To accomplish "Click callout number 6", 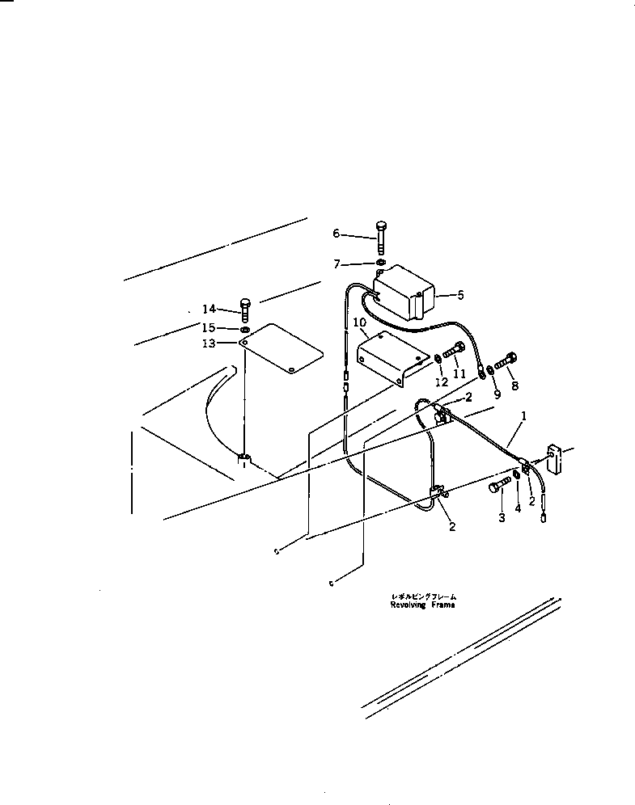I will (x=337, y=234).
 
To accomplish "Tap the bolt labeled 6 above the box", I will (x=381, y=235).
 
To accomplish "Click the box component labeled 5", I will (x=403, y=296).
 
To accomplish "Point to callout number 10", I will (x=359, y=322).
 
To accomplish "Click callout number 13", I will (x=210, y=343).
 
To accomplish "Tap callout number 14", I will (x=210, y=309).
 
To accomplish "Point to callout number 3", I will (x=502, y=517).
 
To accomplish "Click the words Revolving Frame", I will (x=422, y=605).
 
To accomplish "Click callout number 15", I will (x=210, y=327).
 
